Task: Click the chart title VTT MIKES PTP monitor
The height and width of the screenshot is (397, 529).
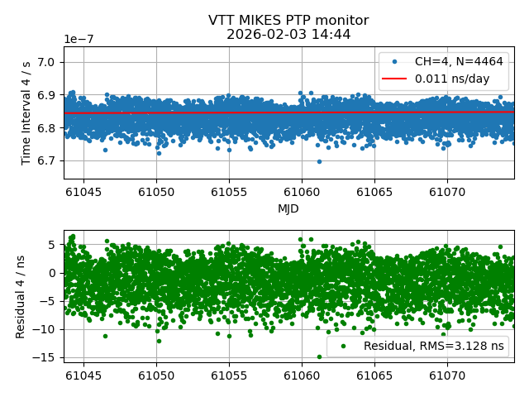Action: [288, 21]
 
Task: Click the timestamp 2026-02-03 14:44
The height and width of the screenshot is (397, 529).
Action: [288, 34]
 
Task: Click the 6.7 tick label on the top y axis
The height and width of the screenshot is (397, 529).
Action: [47, 160]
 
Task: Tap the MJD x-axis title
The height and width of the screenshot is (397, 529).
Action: [288, 208]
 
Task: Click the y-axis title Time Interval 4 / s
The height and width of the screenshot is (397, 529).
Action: [26, 112]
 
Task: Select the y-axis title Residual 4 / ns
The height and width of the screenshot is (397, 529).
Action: [21, 295]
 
